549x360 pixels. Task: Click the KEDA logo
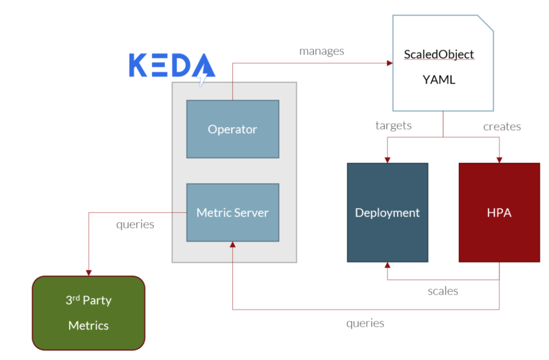172,67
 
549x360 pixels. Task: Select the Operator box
233,129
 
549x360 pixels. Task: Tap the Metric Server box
233,212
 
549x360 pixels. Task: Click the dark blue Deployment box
387,212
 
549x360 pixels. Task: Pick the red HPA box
499,212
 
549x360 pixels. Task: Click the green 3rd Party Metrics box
89,312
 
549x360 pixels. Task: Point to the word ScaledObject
439,55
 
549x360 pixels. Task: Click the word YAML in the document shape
439,80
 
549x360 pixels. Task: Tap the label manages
322,52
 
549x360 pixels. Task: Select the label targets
394,126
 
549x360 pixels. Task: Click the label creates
502,127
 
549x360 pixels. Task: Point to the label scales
443,291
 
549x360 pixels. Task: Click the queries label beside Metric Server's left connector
135,224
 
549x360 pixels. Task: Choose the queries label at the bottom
365,323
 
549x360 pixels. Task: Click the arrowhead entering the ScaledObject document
389,63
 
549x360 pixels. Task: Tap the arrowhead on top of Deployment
387,160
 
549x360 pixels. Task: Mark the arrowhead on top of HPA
500,160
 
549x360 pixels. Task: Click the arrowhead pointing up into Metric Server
233,245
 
